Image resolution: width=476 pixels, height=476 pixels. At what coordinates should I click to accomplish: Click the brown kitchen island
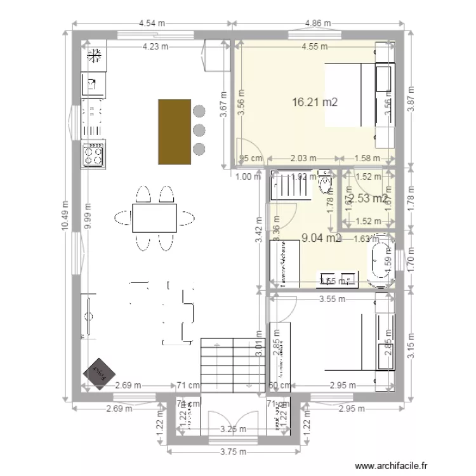click(174, 131)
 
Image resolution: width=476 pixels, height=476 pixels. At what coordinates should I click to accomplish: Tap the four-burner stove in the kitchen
click(93, 154)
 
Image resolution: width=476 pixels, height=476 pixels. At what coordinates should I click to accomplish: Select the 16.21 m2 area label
click(314, 102)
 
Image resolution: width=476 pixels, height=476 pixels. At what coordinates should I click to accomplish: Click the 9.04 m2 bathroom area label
click(321, 239)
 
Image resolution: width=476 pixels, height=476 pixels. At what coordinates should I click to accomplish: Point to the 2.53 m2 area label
click(368, 199)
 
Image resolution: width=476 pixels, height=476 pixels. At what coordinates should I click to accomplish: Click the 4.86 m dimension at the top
click(318, 23)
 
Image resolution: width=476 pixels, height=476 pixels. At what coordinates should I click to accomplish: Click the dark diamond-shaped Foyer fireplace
click(98, 371)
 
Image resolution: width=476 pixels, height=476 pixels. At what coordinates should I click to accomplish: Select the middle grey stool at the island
click(199, 131)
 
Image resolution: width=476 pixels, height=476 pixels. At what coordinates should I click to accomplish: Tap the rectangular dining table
click(154, 218)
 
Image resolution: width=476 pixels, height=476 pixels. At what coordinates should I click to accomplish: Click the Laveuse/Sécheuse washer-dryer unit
click(278, 263)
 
